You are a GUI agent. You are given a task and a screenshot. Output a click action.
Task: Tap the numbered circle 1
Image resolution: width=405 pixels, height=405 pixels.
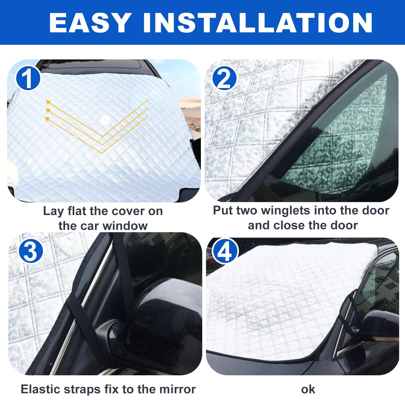point(28,79)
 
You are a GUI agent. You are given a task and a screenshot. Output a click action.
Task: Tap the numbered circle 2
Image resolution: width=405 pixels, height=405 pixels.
point(224,79)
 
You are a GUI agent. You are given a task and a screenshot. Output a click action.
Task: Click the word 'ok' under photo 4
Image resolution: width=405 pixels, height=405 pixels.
point(308,389)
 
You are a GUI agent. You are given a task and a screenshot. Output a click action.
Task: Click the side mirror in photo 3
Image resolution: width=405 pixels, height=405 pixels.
point(159,324)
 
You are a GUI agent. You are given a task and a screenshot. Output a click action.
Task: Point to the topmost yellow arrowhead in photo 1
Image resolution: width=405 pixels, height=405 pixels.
point(48,102)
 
